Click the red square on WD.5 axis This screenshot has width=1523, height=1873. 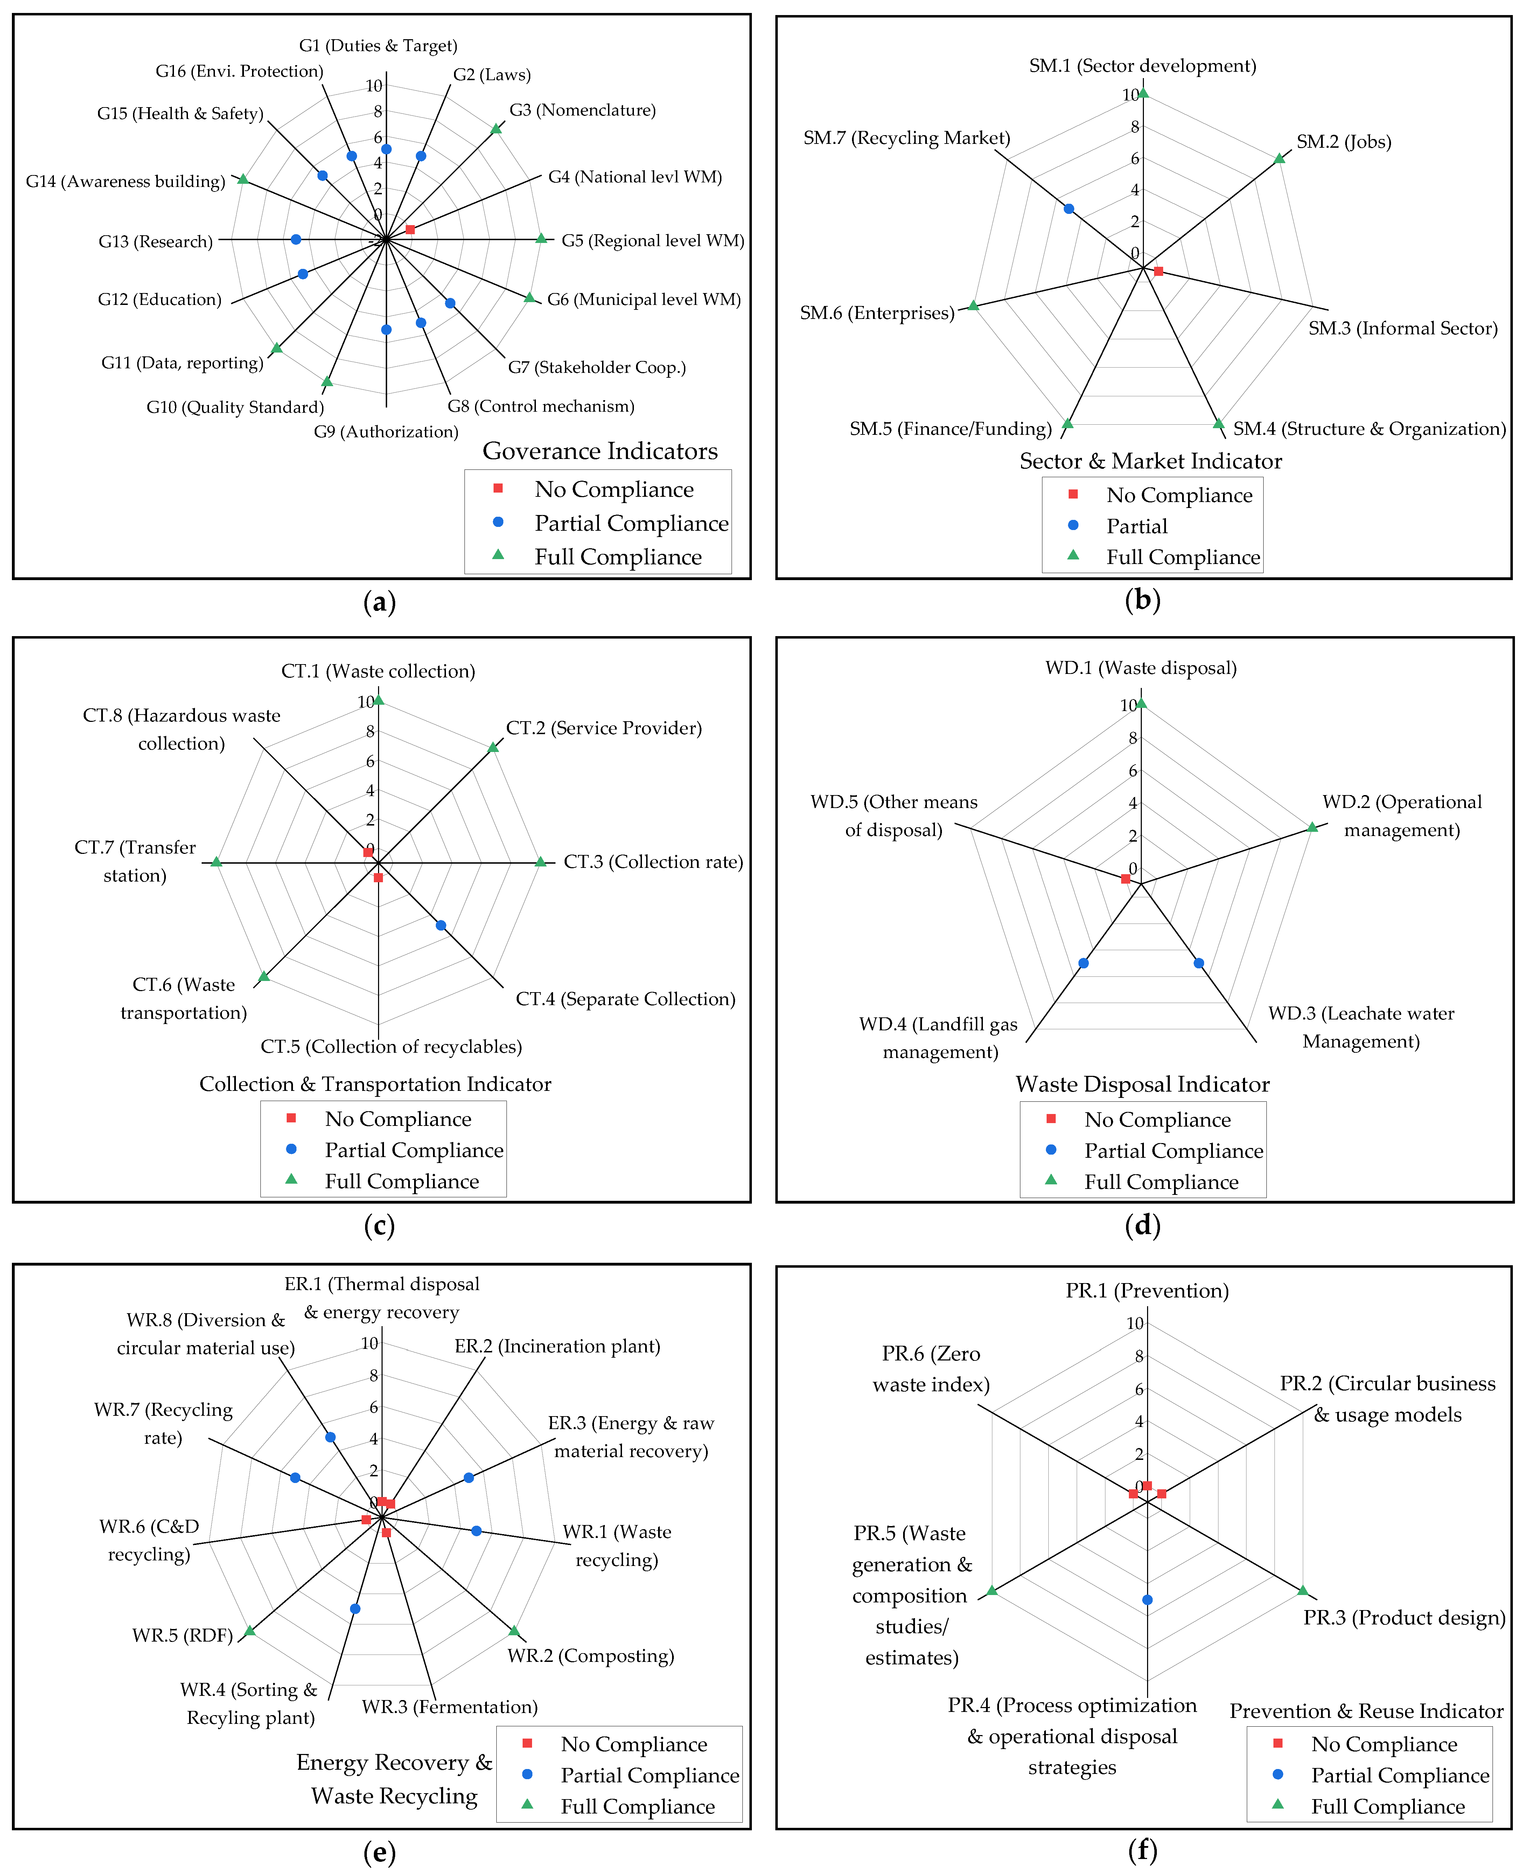pos(1126,878)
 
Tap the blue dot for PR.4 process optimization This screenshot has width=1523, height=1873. pos(1147,1599)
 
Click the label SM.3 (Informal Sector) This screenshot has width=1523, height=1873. pos(1403,328)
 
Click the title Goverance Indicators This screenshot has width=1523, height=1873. pos(600,451)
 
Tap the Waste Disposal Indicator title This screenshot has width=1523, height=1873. pos(1142,1084)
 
